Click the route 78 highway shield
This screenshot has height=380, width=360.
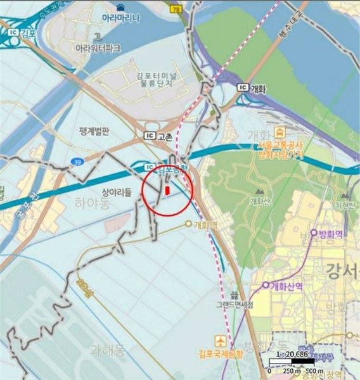click(175, 8)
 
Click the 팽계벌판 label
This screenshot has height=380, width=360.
click(95, 132)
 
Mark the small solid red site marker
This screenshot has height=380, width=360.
click(167, 189)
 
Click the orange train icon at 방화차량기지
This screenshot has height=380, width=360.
click(279, 132)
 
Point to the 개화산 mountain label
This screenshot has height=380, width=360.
click(259, 202)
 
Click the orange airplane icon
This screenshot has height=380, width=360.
click(220, 339)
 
